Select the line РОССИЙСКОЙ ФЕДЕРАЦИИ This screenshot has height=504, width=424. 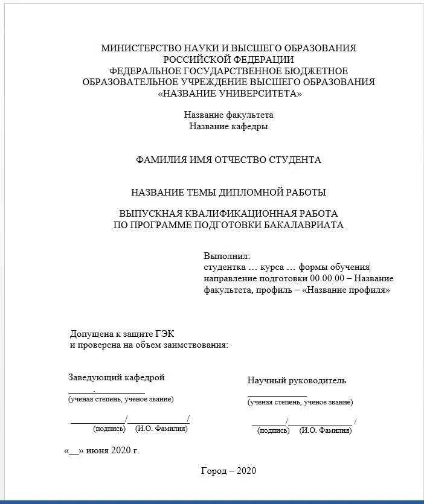pos(228,60)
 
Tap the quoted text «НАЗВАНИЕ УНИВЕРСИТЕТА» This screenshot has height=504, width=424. pos(229,94)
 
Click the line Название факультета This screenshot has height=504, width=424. pos(228,115)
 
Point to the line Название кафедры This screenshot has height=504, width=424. pos(228,126)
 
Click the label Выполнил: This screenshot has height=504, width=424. pos(226,256)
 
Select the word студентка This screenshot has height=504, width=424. pos(224,267)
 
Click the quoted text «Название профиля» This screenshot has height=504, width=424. pos(346,290)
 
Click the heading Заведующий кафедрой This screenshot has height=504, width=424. pos(117,378)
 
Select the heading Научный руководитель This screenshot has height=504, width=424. pos(297,380)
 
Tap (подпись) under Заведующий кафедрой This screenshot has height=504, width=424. pos(109,429)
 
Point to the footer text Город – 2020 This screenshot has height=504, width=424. pos(228,471)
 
